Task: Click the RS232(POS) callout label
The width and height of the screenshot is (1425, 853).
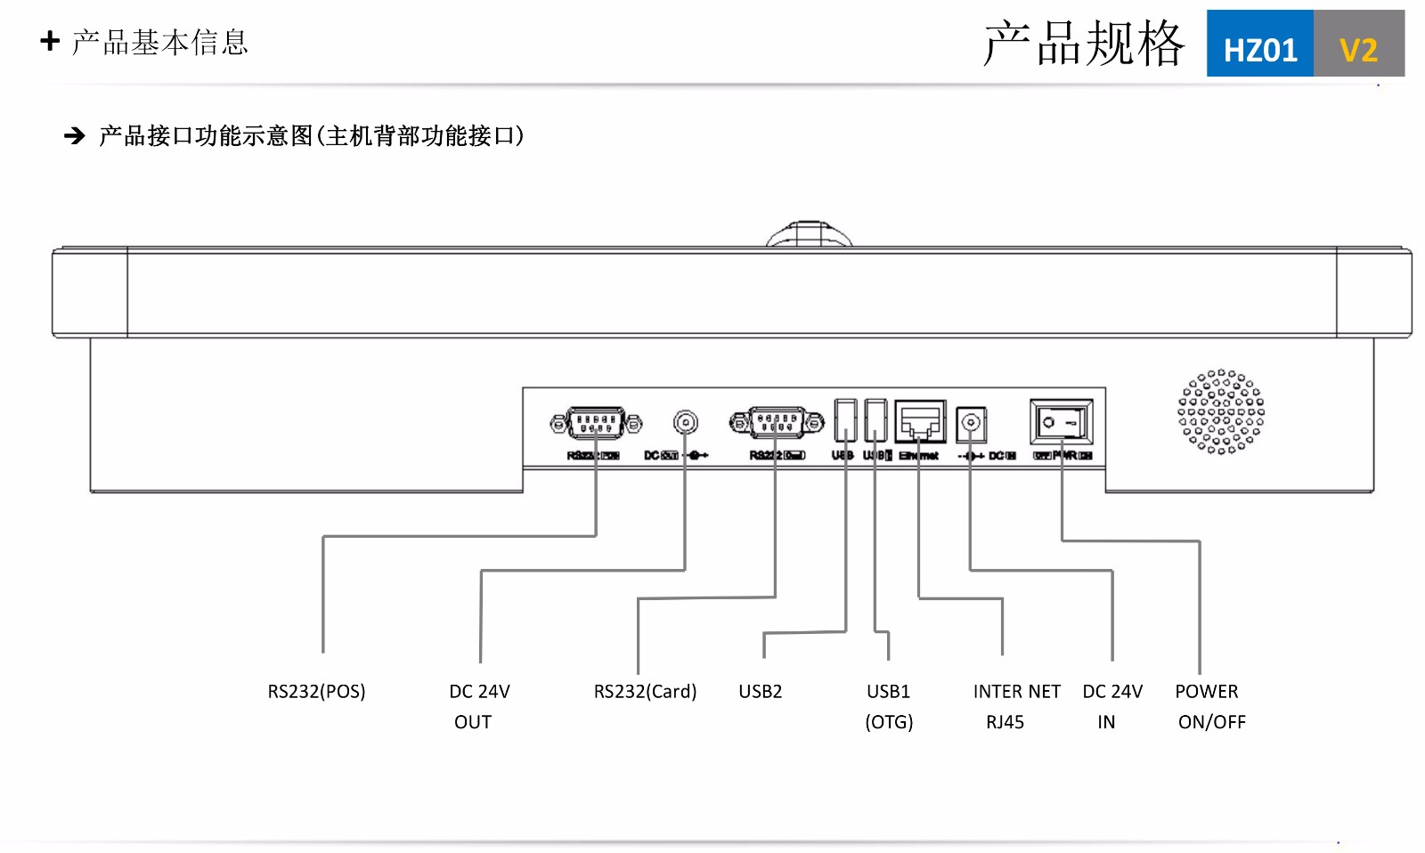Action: pyautogui.click(x=316, y=692)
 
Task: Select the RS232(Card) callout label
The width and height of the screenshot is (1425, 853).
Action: pyautogui.click(x=645, y=692)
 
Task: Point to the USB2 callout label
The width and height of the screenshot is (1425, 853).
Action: pyautogui.click(x=760, y=692)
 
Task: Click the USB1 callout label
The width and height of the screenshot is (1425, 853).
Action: pyautogui.click(x=888, y=692)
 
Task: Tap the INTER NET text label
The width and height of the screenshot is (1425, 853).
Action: pyautogui.click(x=1016, y=692)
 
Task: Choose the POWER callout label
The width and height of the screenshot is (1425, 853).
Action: pyautogui.click(x=1206, y=692)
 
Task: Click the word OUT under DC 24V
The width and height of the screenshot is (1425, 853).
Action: pyautogui.click(x=472, y=722)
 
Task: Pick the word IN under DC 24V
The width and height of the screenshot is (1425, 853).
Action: pyautogui.click(x=1106, y=722)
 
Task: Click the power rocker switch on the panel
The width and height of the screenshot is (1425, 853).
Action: pyautogui.click(x=1061, y=422)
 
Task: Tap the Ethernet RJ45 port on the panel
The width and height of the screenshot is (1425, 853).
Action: pyautogui.click(x=920, y=421)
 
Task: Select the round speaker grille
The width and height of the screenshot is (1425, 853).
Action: pyautogui.click(x=1220, y=411)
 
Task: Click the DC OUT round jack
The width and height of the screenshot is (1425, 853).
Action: pyautogui.click(x=685, y=422)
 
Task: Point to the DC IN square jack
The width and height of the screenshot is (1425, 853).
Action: pyautogui.click(x=971, y=423)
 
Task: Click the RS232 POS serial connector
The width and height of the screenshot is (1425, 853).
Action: pyautogui.click(x=596, y=422)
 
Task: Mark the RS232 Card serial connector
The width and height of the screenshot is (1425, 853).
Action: pyautogui.click(x=777, y=422)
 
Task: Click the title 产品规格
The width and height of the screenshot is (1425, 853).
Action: pyautogui.click(x=1083, y=44)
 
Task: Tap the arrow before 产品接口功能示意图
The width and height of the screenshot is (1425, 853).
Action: pyautogui.click(x=75, y=135)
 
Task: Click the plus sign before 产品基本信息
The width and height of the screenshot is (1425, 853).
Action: pyautogui.click(x=50, y=41)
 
